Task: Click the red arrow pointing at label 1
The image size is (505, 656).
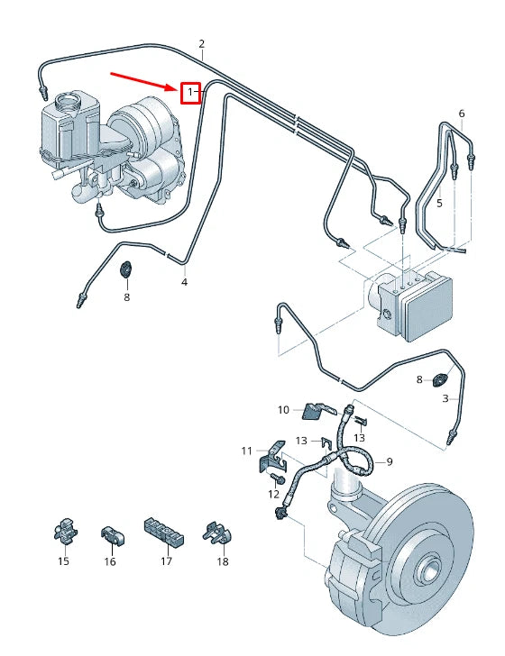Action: (x=144, y=79)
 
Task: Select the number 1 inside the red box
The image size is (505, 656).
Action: (x=189, y=92)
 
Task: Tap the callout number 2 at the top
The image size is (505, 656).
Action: (x=201, y=43)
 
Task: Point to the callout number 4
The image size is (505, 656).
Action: (x=184, y=282)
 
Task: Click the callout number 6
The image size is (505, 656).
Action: (x=461, y=114)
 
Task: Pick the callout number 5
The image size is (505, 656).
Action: (x=439, y=204)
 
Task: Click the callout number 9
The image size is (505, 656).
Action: (x=390, y=462)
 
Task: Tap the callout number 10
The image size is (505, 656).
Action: (x=282, y=410)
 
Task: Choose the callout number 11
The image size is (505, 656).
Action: (x=246, y=451)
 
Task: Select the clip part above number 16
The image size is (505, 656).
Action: (x=110, y=533)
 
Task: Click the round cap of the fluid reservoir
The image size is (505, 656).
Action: (x=66, y=101)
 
